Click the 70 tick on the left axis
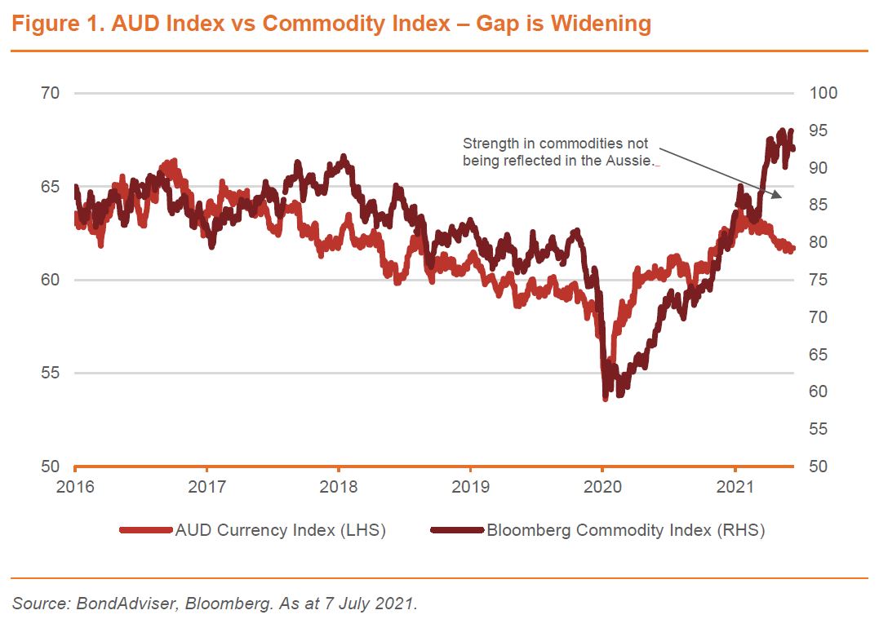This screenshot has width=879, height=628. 51,93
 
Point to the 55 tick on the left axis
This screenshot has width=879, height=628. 51,373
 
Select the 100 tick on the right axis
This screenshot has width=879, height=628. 823,93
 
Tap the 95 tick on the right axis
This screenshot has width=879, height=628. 819,130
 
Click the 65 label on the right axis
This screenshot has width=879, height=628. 819,355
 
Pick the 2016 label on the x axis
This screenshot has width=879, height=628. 75,487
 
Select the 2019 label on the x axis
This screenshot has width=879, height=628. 471,487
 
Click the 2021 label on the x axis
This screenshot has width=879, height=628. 735,487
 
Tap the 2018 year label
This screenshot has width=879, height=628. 339,487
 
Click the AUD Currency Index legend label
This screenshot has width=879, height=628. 280,530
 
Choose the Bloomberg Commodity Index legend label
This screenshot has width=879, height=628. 625,530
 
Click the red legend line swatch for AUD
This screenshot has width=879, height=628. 145,530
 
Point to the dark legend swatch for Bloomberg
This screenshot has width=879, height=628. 457,530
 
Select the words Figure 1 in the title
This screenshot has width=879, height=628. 57,24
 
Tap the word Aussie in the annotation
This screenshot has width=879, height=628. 634,161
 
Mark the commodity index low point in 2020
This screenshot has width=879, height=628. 605,398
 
